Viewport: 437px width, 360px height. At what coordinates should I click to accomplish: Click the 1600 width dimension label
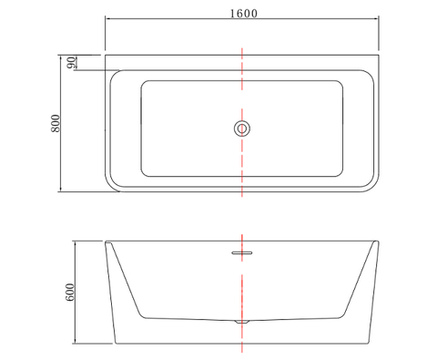click(x=244, y=14)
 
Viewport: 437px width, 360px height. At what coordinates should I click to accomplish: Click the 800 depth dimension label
click(x=56, y=123)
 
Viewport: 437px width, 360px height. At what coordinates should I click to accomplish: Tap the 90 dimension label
click(x=71, y=62)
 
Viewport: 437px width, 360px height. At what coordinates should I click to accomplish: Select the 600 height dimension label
click(x=70, y=293)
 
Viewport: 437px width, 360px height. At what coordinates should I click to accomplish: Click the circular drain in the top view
click(x=242, y=129)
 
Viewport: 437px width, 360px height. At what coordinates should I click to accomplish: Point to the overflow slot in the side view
click(x=242, y=252)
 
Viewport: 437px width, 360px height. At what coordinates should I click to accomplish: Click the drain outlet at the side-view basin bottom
click(x=242, y=322)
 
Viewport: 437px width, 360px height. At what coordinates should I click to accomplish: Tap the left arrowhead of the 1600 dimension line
click(x=107, y=19)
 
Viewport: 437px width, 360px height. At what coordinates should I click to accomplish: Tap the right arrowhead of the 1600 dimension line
click(x=377, y=19)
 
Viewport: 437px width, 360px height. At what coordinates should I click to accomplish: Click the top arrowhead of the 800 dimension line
click(x=61, y=57)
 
